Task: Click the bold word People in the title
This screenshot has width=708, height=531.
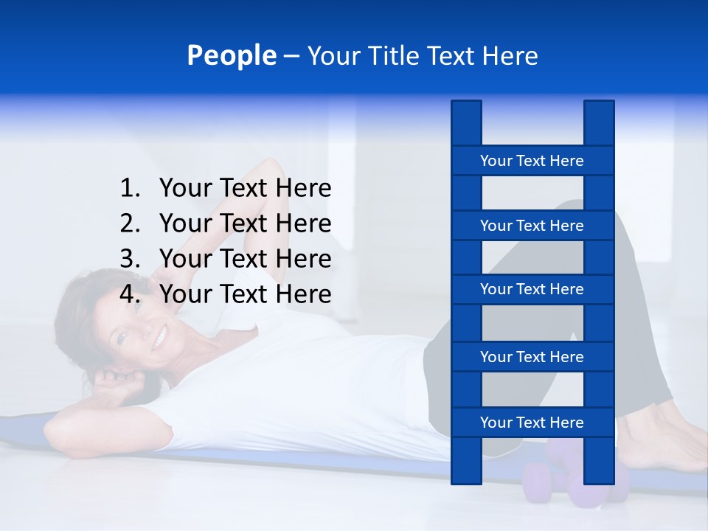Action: point(231,55)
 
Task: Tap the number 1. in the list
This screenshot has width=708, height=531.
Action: point(130,189)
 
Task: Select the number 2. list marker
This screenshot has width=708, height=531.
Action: point(130,223)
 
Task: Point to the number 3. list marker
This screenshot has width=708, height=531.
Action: point(130,259)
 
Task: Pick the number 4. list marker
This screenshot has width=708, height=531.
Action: point(130,294)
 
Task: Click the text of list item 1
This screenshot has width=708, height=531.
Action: point(245,189)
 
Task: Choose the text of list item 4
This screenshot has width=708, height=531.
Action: point(245,294)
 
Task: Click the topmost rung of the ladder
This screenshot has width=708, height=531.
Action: point(532,161)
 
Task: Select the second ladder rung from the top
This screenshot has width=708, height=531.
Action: point(532,226)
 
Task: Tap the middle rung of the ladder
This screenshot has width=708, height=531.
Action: point(532,289)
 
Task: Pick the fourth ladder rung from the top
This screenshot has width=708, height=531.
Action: point(532,357)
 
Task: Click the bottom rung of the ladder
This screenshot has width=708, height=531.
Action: point(532,423)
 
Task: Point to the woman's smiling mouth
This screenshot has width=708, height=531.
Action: point(159,339)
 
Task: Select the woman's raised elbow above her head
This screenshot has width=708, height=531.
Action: point(269,168)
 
